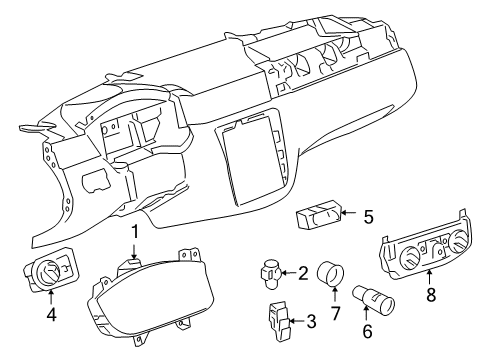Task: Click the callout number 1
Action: click(134, 260)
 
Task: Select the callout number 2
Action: click(303, 272)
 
